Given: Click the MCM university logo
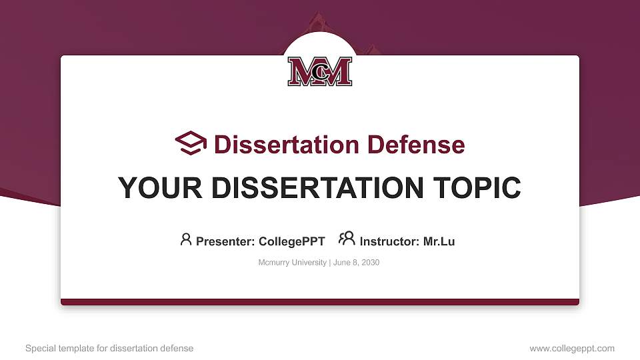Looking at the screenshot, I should click(320, 71).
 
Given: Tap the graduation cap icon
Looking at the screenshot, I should click(191, 143).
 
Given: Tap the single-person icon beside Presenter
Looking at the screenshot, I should click(186, 239).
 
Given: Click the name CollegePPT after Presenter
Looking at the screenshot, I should click(291, 241).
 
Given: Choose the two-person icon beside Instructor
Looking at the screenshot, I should click(347, 239).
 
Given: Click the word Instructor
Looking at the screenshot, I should click(389, 241).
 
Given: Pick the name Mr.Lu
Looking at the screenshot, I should click(439, 241).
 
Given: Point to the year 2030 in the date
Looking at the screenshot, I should click(370, 263).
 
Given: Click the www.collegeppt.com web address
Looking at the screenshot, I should click(572, 348).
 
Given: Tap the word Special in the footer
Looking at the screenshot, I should click(39, 348).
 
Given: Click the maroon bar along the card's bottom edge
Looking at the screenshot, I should click(320, 302).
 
